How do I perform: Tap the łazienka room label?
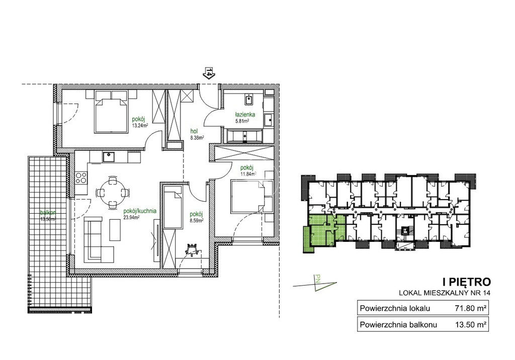pyautogui.click(x=245, y=115)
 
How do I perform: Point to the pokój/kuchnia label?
pyautogui.click(x=140, y=211)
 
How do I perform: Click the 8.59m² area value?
pyautogui.click(x=196, y=220)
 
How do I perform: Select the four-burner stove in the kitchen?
pyautogui.click(x=81, y=178)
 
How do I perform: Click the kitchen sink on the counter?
pyautogui.click(x=108, y=157)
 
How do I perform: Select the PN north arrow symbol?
pyautogui.click(x=316, y=283)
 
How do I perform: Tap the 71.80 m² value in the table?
pyautogui.click(x=471, y=308)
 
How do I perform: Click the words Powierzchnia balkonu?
pyautogui.click(x=398, y=325)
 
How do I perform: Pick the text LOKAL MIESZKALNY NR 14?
pyautogui.click(x=445, y=293)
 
